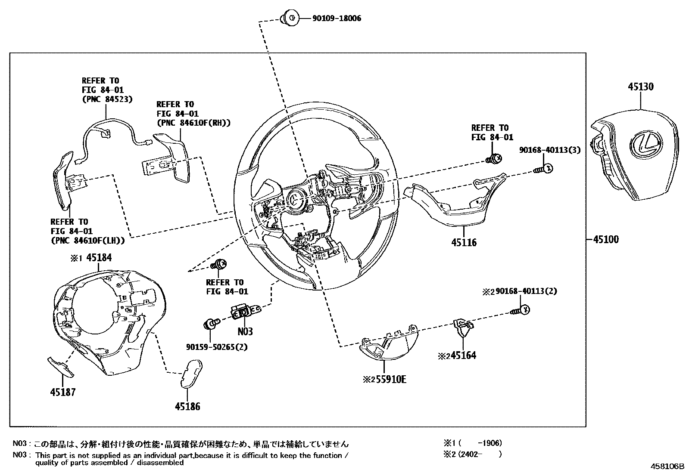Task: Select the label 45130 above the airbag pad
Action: [x=640, y=87]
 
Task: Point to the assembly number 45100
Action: [x=605, y=239]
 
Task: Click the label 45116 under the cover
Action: [x=464, y=242]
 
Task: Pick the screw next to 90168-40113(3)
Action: [x=544, y=169]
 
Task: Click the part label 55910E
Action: [x=390, y=380]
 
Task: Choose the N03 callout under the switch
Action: [x=245, y=331]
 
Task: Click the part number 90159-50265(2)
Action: [x=217, y=347]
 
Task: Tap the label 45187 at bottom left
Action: [x=63, y=392]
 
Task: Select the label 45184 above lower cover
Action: [x=99, y=258]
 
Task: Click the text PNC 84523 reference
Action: [x=107, y=99]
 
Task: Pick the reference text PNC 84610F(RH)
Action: [x=193, y=123]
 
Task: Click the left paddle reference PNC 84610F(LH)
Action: [x=88, y=241]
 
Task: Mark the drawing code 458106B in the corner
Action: [x=667, y=466]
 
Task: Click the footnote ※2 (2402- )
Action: [x=473, y=454]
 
